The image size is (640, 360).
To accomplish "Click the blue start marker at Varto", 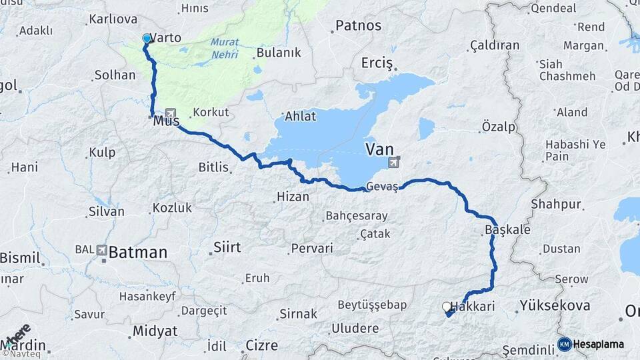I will (147, 39).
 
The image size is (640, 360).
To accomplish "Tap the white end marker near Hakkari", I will (446, 307).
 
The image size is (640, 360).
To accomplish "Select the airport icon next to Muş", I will (171, 114).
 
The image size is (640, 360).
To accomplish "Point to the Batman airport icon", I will (101, 250).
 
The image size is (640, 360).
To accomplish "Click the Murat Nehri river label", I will (225, 48).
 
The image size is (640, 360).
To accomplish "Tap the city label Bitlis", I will (213, 167).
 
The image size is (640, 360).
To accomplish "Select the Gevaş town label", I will (381, 188).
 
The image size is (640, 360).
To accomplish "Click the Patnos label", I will (358, 26).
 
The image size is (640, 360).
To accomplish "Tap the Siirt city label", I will (227, 247).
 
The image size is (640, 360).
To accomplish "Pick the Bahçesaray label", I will (355, 216).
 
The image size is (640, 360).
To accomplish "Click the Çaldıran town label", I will (494, 45).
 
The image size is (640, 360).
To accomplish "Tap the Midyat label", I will (155, 331).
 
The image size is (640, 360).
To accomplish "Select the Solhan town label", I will (115, 75).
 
